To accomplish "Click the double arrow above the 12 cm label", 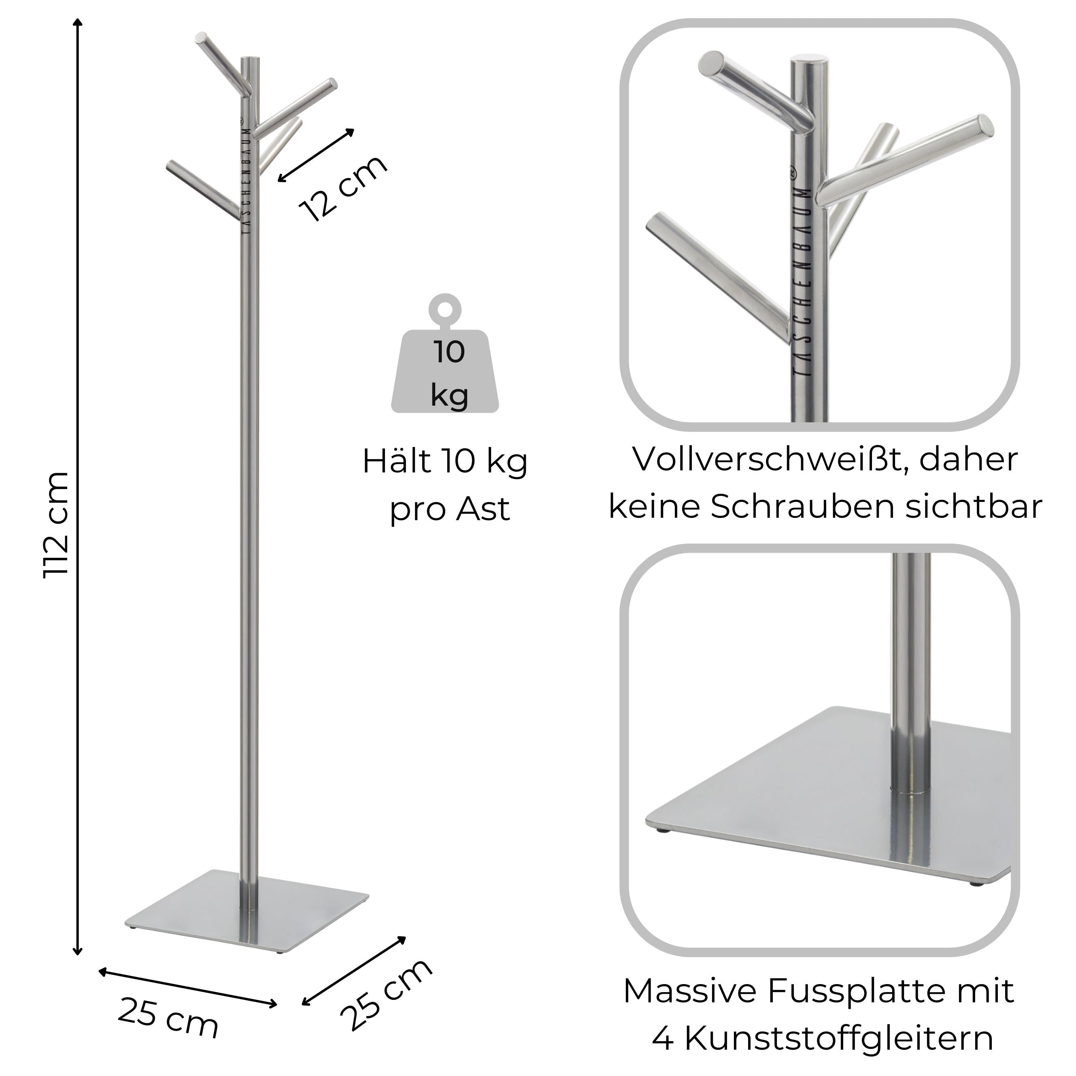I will click(x=316, y=155).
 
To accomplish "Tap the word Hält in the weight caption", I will click(x=397, y=461).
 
